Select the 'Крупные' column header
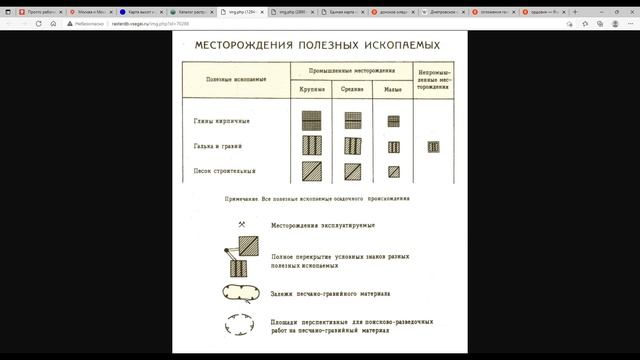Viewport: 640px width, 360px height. [x=311, y=90]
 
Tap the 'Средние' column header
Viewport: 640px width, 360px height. [x=353, y=90]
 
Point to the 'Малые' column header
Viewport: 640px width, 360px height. [x=393, y=90]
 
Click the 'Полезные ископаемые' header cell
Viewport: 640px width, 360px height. [x=235, y=79]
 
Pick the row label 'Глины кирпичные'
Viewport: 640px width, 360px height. [x=221, y=122]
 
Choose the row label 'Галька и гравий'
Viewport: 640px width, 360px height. [x=218, y=146]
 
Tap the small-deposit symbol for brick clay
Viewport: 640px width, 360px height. [x=393, y=122]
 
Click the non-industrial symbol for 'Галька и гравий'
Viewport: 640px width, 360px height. [x=434, y=147]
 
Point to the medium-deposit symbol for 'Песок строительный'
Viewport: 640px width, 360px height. [x=352, y=170]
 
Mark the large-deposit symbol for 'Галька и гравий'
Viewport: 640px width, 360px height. [x=311, y=146]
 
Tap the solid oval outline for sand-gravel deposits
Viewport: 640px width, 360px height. [x=243, y=293]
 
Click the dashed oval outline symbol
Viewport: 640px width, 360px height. [x=243, y=326]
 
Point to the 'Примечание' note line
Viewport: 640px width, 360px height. [x=318, y=199]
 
